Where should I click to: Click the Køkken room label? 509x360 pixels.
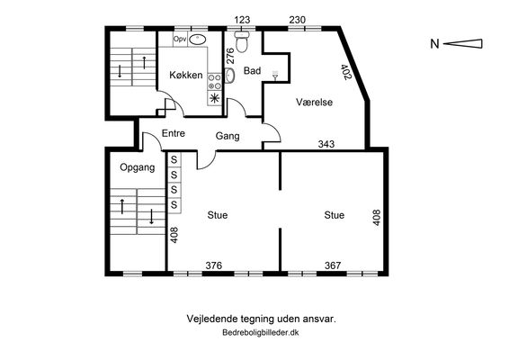tap(186, 75)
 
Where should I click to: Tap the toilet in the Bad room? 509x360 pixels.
tap(242, 41)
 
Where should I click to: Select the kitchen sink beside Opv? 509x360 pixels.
tap(197, 40)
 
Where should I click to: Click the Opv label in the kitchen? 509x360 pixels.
tap(180, 40)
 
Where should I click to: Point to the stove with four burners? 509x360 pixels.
tap(215, 81)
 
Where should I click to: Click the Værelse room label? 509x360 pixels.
tap(314, 102)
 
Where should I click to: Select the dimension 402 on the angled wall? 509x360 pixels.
tap(346, 72)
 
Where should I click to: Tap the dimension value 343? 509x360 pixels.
tap(326, 144)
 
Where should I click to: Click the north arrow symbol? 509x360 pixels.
tap(463, 43)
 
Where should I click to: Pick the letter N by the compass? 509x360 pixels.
tap(434, 43)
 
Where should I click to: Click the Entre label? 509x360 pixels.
tap(174, 133)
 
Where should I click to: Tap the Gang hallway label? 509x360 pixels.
tap(228, 136)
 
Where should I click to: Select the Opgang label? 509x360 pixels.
tap(138, 167)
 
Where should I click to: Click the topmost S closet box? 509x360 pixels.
tap(174, 159)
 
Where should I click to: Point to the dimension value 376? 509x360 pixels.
tap(214, 265)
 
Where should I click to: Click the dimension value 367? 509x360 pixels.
tap(333, 265)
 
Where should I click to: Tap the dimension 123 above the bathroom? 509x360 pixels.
tap(242, 20)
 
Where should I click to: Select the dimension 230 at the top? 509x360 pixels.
tap(298, 20)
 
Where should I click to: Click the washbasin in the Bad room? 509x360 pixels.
tap(229, 76)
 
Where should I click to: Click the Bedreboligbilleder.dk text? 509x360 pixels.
tap(261, 333)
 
